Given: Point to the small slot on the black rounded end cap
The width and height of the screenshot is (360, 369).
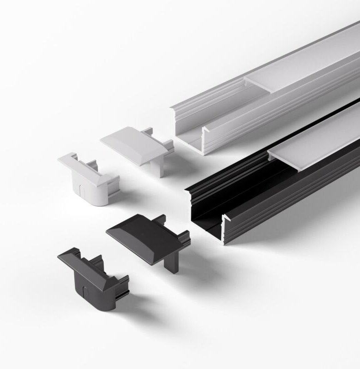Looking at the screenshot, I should click(85, 292).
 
